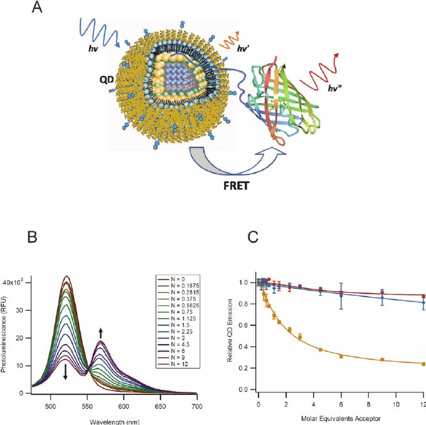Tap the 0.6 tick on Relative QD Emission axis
[x=248, y=325]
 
